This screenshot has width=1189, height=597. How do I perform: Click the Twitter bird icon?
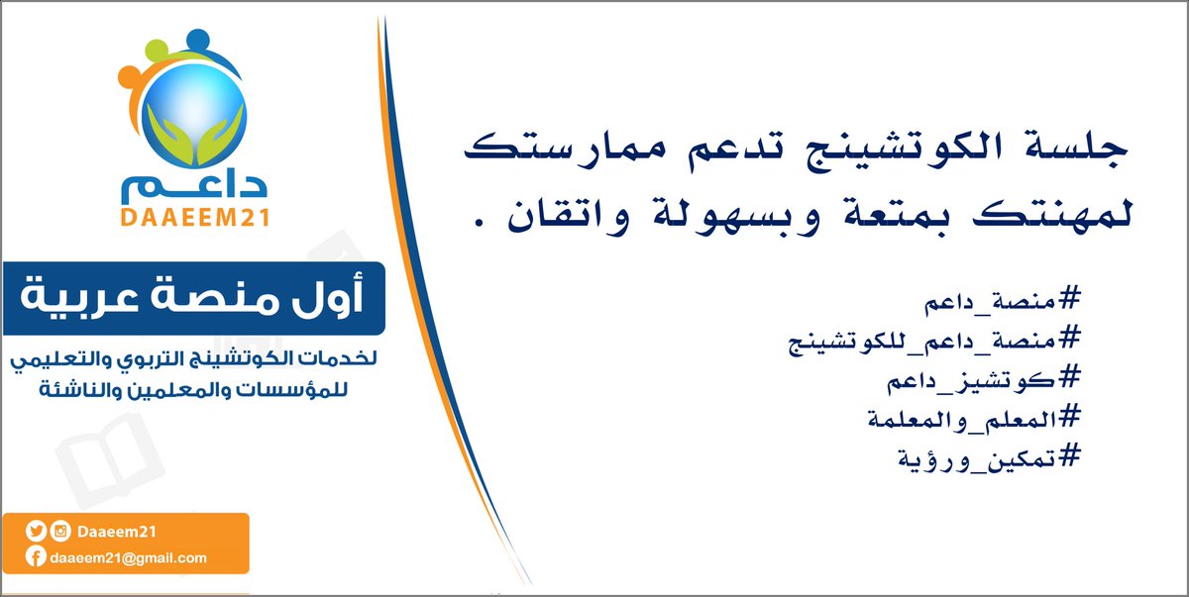pyautogui.click(x=36, y=533)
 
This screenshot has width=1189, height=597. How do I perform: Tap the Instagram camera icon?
pyautogui.click(x=60, y=533)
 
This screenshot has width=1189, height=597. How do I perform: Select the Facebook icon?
pyautogui.click(x=36, y=557)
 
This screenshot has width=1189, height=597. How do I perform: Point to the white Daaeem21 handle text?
pyautogui.click(x=117, y=533)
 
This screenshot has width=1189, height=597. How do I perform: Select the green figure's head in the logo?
pyautogui.click(x=161, y=50)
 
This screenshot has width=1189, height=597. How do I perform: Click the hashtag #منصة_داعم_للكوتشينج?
pyautogui.click(x=931, y=340)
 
